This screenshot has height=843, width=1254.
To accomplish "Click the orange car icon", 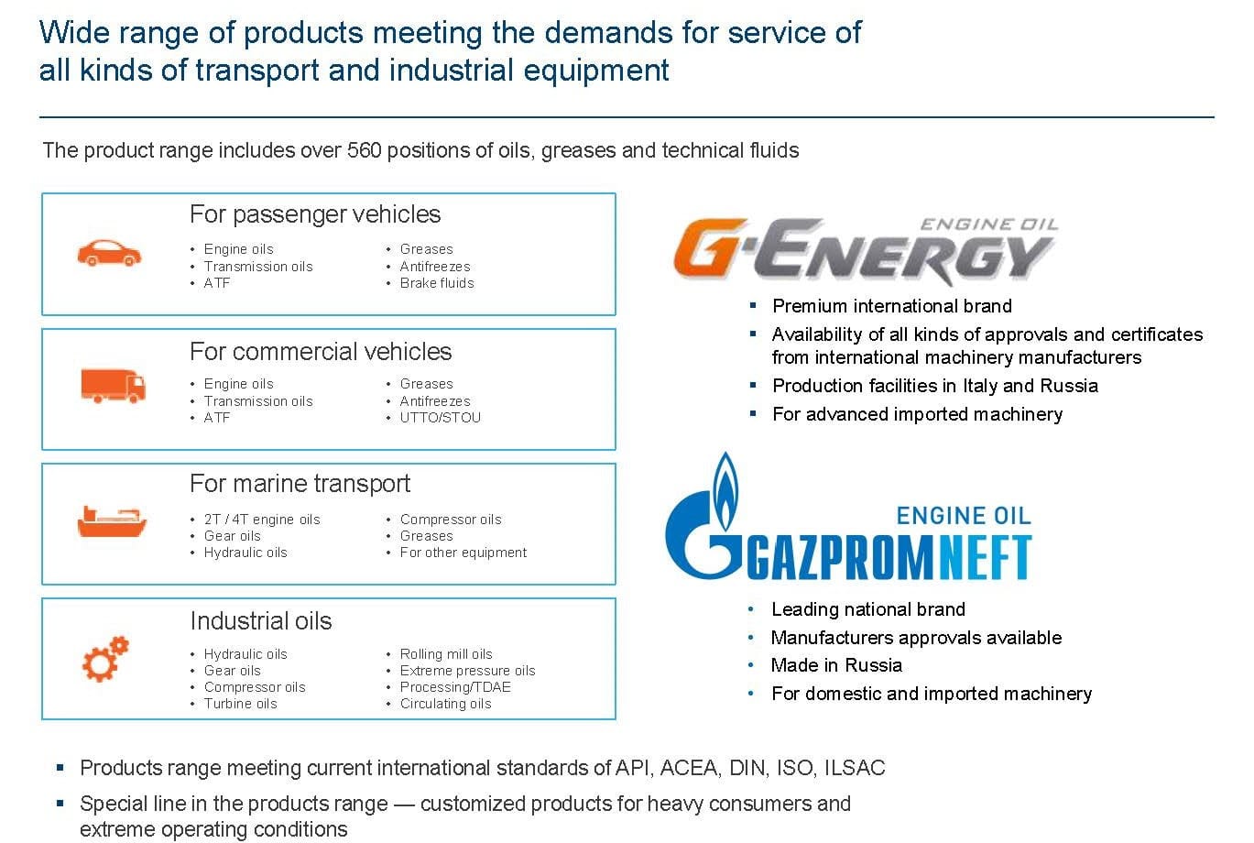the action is [109, 253].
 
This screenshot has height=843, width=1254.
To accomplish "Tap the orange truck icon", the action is [113, 386].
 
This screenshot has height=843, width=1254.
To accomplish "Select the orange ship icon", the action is [112, 521].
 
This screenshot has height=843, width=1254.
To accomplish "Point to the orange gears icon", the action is [105, 659].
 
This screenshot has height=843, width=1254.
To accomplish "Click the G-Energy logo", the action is [866, 250].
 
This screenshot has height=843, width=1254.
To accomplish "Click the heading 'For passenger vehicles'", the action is [315, 214].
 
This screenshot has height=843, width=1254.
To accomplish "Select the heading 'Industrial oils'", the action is [261, 620].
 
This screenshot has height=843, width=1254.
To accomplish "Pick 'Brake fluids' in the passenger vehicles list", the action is [437, 283].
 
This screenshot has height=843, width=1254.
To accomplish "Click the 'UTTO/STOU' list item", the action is [440, 417].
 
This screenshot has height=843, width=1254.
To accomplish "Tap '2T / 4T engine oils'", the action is [262, 520].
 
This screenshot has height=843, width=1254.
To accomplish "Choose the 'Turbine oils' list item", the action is [240, 704].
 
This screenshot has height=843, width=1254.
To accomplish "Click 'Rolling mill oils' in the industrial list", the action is [446, 653].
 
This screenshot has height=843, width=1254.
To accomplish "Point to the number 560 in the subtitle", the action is [364, 150].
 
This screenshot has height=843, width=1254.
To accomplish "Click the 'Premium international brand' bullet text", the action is [892, 306].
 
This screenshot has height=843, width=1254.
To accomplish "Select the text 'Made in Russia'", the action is [836, 665].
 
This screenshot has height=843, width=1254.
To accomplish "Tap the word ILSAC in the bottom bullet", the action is [855, 767].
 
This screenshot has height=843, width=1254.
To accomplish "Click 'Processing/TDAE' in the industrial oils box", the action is [455, 686].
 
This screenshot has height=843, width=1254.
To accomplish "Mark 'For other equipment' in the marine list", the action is [463, 553].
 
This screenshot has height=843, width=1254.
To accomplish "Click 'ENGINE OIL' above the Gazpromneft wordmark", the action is [964, 515].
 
